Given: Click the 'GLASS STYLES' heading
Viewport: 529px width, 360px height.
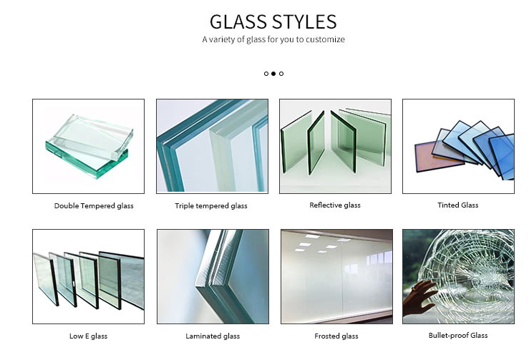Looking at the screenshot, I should (x=273, y=21).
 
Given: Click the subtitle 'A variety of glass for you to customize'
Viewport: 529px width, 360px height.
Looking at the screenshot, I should (x=273, y=39).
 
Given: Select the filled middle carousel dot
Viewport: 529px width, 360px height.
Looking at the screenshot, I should (x=273, y=74).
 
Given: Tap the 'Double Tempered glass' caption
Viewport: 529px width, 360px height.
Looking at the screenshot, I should (x=94, y=206).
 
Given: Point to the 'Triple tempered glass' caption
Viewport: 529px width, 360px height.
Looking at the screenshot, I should (x=211, y=206).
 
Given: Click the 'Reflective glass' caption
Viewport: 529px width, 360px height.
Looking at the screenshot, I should (x=335, y=205).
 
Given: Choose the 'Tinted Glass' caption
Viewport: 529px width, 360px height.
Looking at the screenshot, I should (x=458, y=205).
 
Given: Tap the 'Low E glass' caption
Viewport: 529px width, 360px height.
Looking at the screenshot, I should (x=88, y=336).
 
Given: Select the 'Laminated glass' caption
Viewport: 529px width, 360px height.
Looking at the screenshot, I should (x=213, y=336).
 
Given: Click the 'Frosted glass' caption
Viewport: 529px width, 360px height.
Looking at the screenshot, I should (x=336, y=336).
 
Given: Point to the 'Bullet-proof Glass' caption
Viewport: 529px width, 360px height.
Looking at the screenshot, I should (x=458, y=335).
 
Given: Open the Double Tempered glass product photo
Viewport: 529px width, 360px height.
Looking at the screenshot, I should (x=88, y=146).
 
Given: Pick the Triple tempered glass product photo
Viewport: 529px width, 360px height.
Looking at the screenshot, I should (x=213, y=146).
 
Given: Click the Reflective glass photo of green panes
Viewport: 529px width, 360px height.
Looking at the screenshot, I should (x=335, y=146).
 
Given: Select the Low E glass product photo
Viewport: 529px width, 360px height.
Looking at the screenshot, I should (x=88, y=276).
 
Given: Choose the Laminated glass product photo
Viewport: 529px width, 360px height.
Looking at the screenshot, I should (x=213, y=276).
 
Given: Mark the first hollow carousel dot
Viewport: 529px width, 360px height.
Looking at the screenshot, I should (x=266, y=74).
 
